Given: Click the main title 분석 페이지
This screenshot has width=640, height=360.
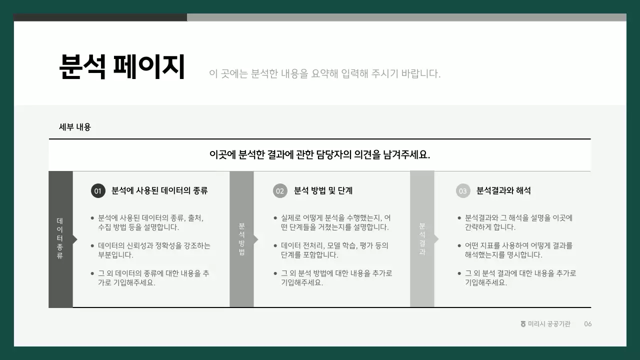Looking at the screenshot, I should [x=122, y=67].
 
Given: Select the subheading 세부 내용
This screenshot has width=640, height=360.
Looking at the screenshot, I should [x=75, y=127].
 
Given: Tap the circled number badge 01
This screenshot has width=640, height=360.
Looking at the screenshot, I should [x=98, y=191].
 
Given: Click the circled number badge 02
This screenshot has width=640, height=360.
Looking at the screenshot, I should [x=280, y=191].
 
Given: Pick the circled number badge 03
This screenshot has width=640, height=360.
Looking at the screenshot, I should [x=463, y=191].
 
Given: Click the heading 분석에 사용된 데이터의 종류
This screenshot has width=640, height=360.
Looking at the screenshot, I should [x=159, y=190].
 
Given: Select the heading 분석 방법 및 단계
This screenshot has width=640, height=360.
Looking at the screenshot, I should [x=323, y=190].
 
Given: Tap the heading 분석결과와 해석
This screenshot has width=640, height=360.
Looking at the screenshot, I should [x=503, y=190].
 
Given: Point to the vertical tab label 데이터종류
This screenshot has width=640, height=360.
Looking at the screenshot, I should [x=60, y=238].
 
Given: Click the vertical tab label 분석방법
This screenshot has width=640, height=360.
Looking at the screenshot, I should [x=242, y=239].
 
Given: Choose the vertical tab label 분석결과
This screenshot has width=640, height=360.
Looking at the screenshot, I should [x=422, y=239].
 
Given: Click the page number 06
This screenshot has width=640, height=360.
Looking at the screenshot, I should [x=588, y=324].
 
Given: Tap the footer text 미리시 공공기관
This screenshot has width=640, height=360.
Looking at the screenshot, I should [x=549, y=324].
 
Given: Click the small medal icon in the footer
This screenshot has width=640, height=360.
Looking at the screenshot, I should [x=523, y=324].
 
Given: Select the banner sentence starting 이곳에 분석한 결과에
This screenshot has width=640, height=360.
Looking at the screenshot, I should [x=319, y=154].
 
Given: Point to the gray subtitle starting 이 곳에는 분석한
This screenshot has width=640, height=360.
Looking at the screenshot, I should [x=325, y=74].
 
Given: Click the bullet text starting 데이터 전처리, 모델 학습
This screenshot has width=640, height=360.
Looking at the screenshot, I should [x=334, y=250].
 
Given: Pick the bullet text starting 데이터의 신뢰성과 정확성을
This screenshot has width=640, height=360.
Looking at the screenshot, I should [x=154, y=250].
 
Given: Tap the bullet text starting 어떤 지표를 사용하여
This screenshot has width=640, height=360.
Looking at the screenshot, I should [x=518, y=250].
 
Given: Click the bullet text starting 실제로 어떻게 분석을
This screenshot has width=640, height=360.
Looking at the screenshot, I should [x=335, y=222].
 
